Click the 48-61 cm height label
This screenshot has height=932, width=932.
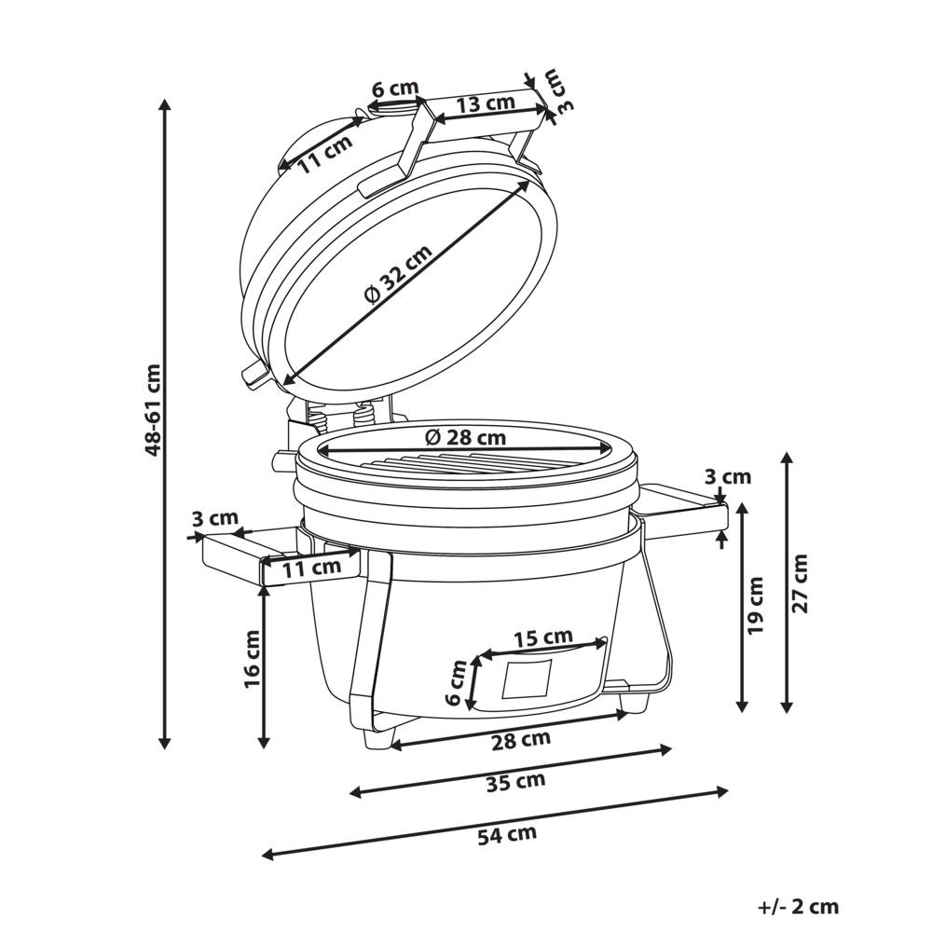tap(154, 409)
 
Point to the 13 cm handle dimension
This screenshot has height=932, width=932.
tap(487, 103)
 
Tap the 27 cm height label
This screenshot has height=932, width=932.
tap(801, 582)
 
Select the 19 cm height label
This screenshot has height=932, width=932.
tap(756, 606)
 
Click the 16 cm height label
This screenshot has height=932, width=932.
tap(252, 659)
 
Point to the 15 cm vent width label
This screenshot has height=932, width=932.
tap(543, 637)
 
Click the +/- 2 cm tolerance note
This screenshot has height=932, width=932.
tap(798, 906)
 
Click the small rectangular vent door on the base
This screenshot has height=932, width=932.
tap(527, 678)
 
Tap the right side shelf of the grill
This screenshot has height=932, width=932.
tap(680, 508)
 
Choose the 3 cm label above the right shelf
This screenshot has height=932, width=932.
tap(728, 477)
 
